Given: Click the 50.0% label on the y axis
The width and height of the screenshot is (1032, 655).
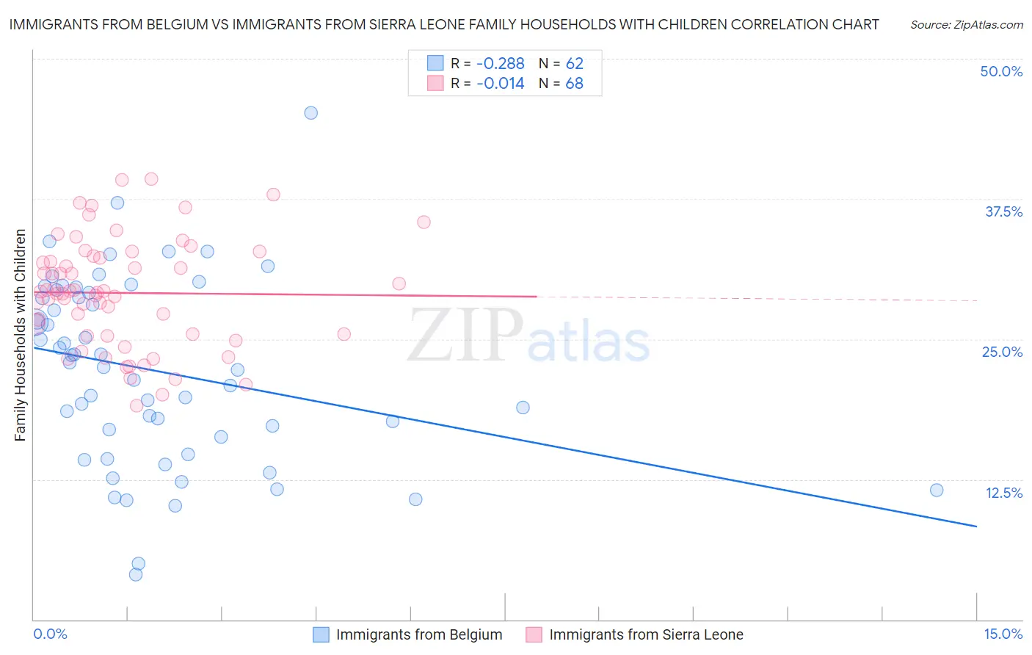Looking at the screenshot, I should pyautogui.click(x=1001, y=71).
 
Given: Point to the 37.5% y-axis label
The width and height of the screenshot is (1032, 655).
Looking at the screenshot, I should pyautogui.click(x=1003, y=211).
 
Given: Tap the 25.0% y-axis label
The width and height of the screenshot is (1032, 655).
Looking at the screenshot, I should pyautogui.click(x=1002, y=352).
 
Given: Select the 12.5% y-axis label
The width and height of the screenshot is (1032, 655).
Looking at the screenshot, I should pyautogui.click(x=1003, y=493).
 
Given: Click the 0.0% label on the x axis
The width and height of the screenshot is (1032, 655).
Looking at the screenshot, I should pyautogui.click(x=50, y=634).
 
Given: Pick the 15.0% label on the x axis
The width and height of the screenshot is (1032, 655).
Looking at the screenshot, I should pyautogui.click(x=1003, y=634).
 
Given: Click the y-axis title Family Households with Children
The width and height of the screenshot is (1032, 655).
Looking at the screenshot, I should pyautogui.click(x=20, y=335).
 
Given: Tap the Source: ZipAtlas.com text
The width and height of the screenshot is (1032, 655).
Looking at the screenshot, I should pyautogui.click(x=966, y=24).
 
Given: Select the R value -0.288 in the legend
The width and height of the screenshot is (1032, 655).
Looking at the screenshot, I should pyautogui.click(x=500, y=63).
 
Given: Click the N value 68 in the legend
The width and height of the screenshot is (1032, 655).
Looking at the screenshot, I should pyautogui.click(x=574, y=83).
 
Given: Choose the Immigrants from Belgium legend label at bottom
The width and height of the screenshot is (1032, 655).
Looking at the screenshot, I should pyautogui.click(x=419, y=634).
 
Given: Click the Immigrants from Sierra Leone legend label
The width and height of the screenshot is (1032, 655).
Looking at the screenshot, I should pyautogui.click(x=646, y=634).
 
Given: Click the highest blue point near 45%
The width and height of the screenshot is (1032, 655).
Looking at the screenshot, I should pyautogui.click(x=311, y=113).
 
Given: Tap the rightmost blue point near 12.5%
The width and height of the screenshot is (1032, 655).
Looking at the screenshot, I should pyautogui.click(x=937, y=491).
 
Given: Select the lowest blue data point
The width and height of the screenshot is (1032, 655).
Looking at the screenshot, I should pyautogui.click(x=136, y=575).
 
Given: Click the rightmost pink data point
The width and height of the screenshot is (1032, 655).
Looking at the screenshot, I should pyautogui.click(x=424, y=222).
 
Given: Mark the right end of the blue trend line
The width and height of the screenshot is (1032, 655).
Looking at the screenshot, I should pyautogui.click(x=976, y=526).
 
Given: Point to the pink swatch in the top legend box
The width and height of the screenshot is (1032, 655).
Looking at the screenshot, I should pyautogui.click(x=435, y=83).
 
